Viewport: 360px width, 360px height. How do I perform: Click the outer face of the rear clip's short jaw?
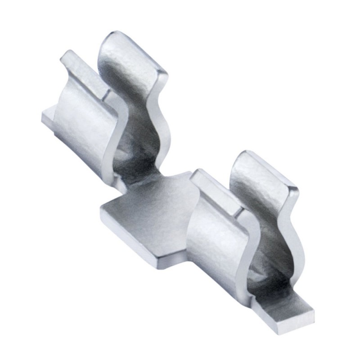coord(83,121)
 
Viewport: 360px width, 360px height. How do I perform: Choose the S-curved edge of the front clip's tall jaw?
coord(288,234)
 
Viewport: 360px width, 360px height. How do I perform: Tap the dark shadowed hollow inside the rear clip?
coord(135,157)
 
